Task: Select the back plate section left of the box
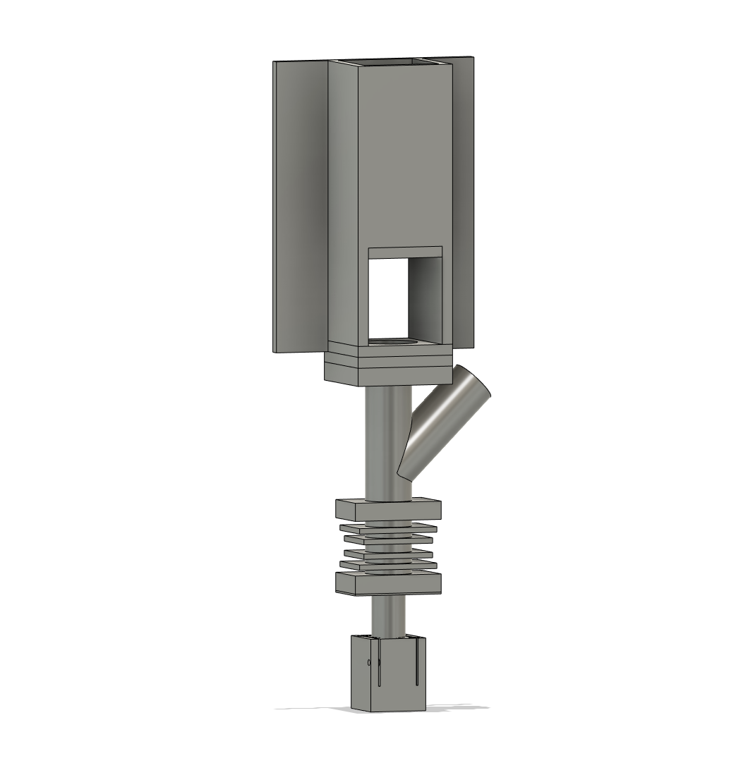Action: pyautogui.click(x=301, y=205)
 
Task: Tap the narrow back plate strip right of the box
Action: pyautogui.click(x=462, y=205)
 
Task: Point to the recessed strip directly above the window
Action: pyautogui.click(x=406, y=252)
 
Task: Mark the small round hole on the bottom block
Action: pyautogui.click(x=369, y=662)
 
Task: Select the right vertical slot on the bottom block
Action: pyautogui.click(x=417, y=663)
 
